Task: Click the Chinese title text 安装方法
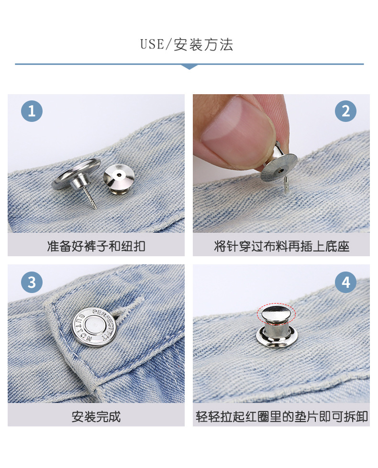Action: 203,45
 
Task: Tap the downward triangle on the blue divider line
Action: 189,66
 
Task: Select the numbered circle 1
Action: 32,111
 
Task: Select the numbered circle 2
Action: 345,111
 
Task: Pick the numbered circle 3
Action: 32,283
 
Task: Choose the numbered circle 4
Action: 345,283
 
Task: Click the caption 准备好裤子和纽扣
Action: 96,247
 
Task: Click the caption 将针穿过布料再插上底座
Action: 281,247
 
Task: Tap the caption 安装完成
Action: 96,417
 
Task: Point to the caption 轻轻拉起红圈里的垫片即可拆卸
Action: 281,417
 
